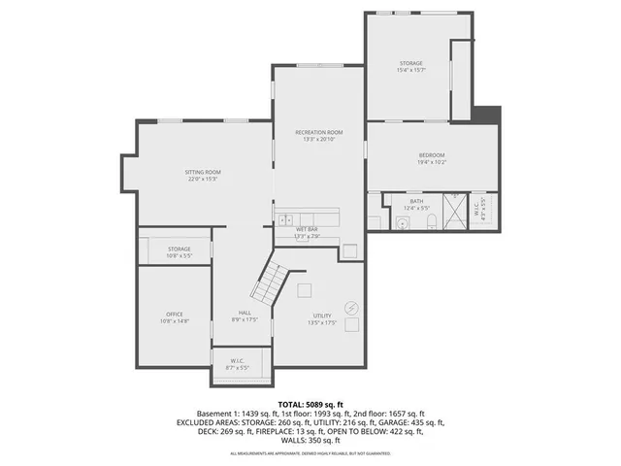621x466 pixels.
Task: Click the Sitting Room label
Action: pos(204,172)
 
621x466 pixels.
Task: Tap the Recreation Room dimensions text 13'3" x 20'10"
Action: pos(319,140)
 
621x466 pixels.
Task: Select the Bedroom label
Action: pos(432,155)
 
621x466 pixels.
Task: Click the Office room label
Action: pos(175,315)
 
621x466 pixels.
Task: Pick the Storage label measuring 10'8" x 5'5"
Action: pos(179,249)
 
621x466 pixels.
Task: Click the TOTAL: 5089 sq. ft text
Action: pos(310,404)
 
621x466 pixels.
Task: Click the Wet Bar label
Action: pos(308,229)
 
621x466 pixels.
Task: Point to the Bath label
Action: pos(416,201)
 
